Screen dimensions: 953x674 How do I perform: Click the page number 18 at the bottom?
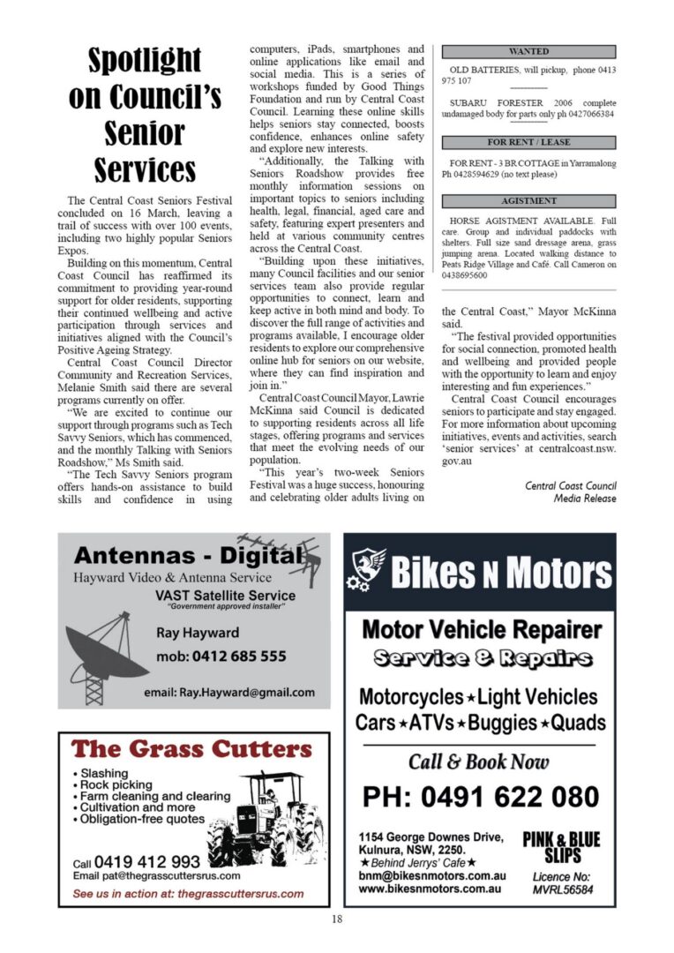coord(337,919)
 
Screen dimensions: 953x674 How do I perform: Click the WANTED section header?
coord(528,52)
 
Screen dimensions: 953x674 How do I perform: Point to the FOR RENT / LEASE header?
coord(528,142)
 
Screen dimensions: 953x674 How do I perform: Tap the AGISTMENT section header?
coord(528,201)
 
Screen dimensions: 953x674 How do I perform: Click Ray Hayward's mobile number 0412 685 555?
coord(221,657)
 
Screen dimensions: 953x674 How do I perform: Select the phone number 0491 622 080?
coord(481,797)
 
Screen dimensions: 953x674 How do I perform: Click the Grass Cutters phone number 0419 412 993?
coord(147,861)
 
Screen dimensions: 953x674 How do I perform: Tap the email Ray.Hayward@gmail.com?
coord(228,693)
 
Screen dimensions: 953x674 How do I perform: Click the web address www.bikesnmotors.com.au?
coord(431,889)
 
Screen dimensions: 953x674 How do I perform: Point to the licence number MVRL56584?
coord(562,890)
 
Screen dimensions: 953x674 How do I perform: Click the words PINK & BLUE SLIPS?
coord(561,846)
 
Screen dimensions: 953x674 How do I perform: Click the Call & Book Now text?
coord(479,762)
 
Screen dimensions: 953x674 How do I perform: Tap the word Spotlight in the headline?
coord(145,61)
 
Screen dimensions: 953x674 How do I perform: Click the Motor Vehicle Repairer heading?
coord(482,630)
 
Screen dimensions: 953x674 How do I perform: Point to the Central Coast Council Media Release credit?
coord(571,492)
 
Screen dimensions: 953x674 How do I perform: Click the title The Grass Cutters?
coord(191,749)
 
